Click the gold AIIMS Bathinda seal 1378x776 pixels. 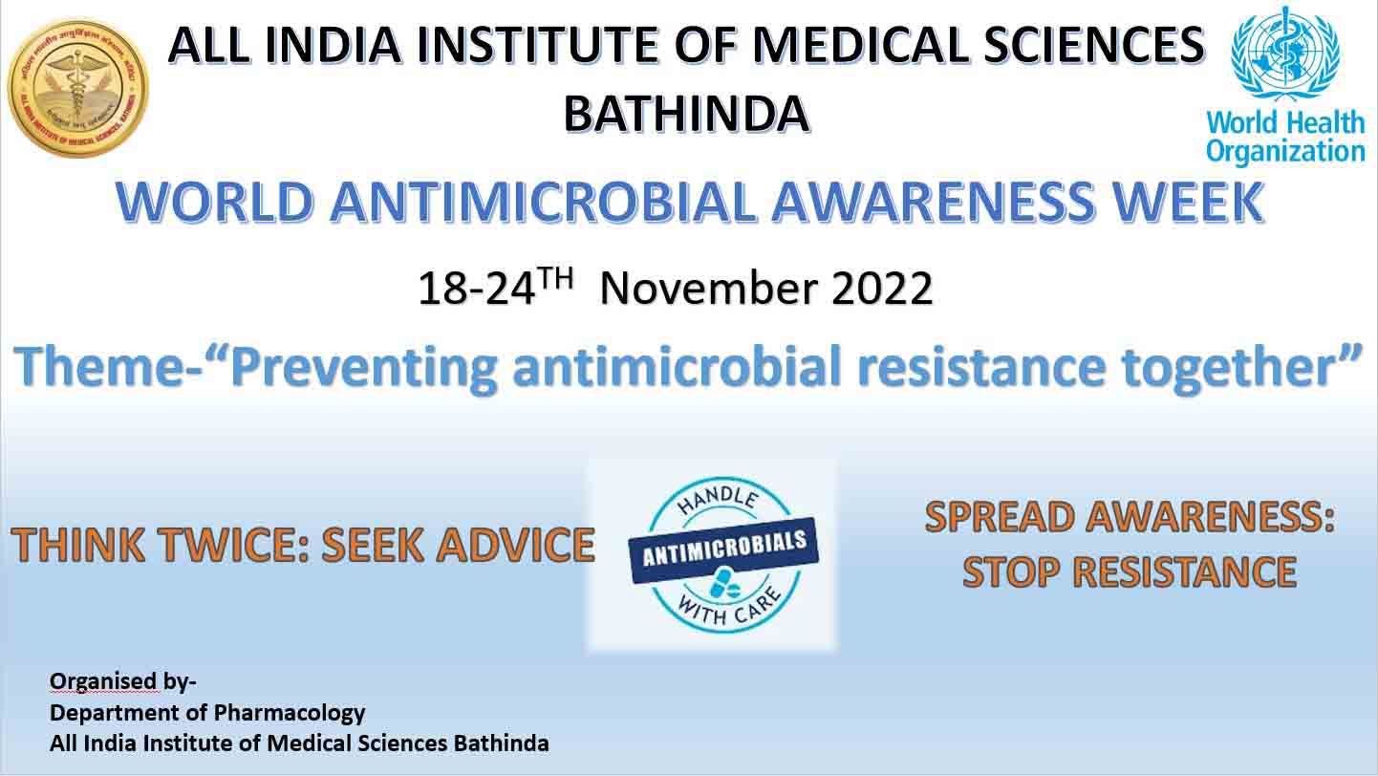coord(78,88)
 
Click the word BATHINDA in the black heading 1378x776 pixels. coord(686,115)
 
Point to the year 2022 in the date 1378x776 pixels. coord(882,288)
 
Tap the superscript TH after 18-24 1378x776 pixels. coord(555,277)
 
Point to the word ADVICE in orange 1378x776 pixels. coord(515,545)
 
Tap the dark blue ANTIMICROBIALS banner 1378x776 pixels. coord(723,550)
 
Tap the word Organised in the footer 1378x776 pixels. coord(103,681)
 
